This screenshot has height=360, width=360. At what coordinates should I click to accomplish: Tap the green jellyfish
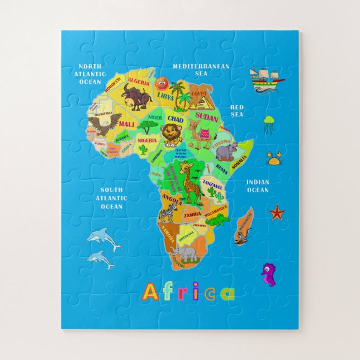(269, 121)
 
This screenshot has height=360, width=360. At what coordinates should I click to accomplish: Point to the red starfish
(277, 212)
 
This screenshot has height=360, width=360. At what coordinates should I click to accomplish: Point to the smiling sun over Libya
(162, 84)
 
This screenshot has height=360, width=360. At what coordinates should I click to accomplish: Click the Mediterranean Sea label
(201, 69)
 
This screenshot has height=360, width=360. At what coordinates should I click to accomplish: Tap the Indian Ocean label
(258, 186)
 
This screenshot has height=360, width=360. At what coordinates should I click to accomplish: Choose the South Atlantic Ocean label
(111, 198)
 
